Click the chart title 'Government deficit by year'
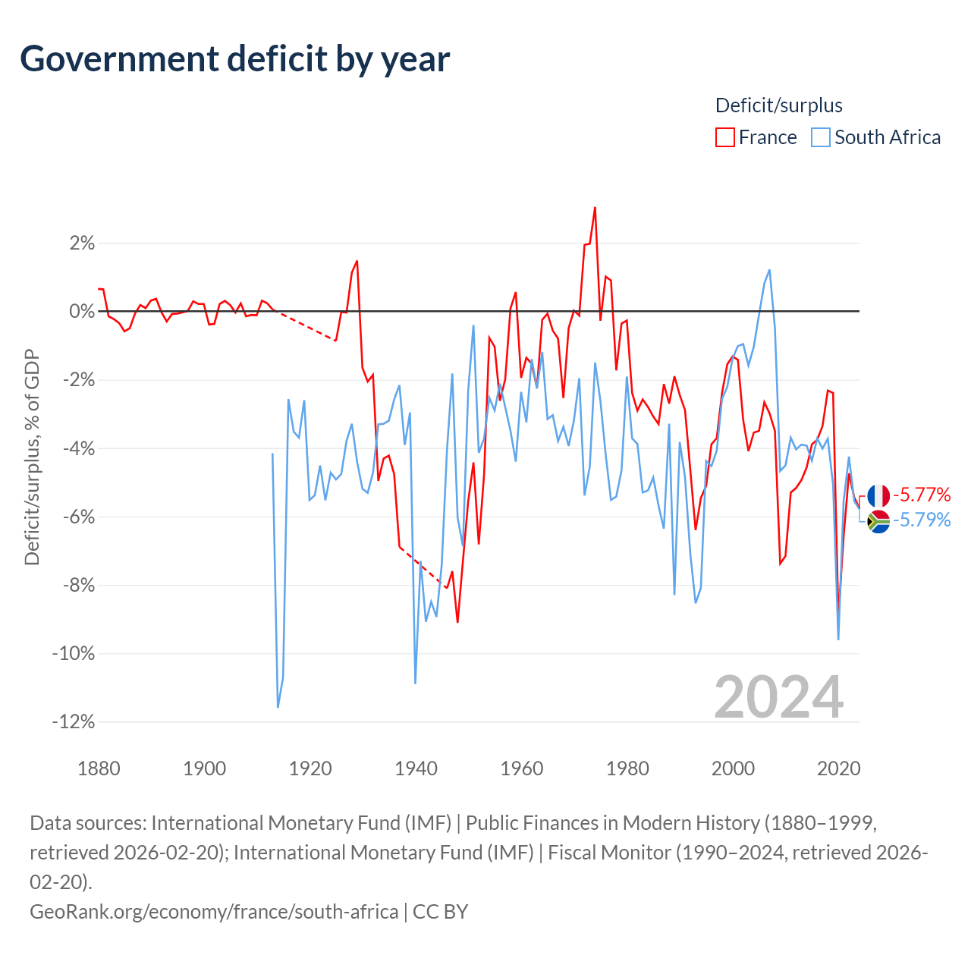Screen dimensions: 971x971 coord(234,59)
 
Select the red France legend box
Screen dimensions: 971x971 coord(724,137)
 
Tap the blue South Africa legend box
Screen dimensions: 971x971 coord(820,137)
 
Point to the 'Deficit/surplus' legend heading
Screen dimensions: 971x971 coord(778,105)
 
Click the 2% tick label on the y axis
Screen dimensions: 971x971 coord(82,244)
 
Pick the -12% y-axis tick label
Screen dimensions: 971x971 coord(74,721)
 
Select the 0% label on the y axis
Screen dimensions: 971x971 coord(82,312)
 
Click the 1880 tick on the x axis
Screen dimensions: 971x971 coord(99,768)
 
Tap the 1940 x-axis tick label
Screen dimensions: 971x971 coord(416,768)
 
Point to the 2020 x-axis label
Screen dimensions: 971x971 coord(838,768)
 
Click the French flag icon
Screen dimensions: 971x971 coord(878,496)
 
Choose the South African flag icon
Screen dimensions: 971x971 coord(878,521)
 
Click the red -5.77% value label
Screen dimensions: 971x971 coord(922,495)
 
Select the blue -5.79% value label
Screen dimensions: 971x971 coord(922,520)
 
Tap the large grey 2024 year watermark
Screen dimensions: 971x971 coord(778,697)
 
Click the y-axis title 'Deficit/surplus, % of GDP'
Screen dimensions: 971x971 coord(33,457)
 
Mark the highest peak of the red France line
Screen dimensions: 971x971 coord(595,208)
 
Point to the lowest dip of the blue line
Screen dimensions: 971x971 coord(278,707)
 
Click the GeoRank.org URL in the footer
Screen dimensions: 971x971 coord(214,912)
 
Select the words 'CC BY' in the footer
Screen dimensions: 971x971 coord(441,912)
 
